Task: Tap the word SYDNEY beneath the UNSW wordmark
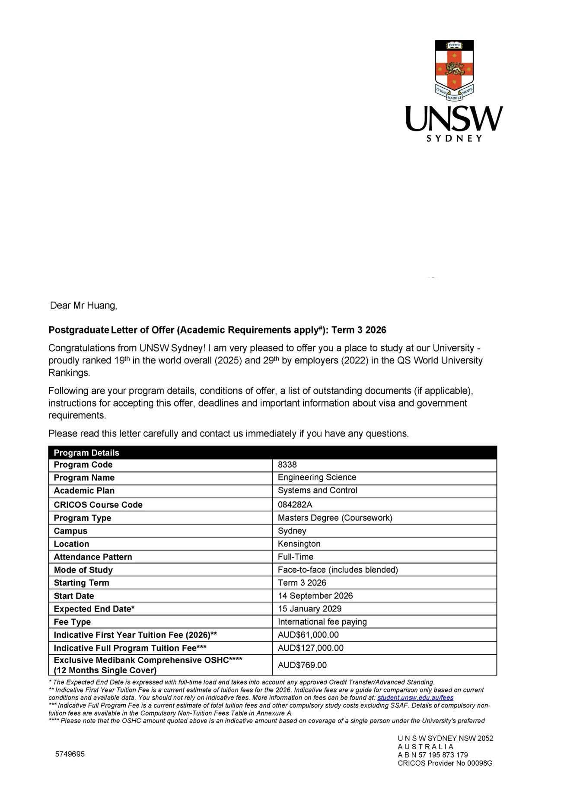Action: pos(454,139)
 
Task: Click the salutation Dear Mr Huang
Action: pos(83,306)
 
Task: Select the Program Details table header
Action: pos(86,452)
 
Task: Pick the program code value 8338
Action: pos(287,465)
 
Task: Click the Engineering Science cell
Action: pos(317,477)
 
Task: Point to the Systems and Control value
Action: pos(317,490)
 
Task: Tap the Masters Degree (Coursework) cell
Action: pos(335,518)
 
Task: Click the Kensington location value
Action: pos(299,544)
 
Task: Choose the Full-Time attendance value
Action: pos(296,557)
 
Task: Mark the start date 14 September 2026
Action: pos(315,595)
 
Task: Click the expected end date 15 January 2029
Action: pos(309,608)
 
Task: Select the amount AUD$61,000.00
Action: pos(308,634)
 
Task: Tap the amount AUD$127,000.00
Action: pos(311,647)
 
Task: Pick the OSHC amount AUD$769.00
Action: pos(302,665)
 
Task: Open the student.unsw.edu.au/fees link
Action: pos(415,697)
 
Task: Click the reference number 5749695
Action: pos(70,754)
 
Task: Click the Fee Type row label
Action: pos(72,622)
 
